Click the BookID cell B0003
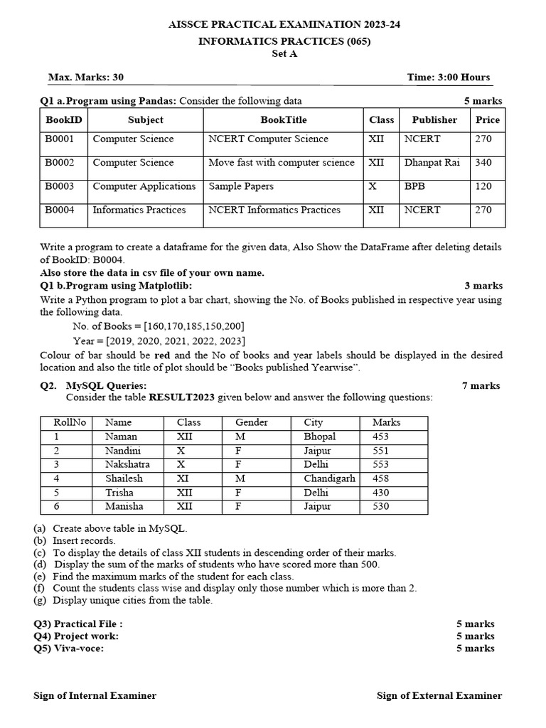click(x=60, y=186)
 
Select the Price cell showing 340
click(x=483, y=163)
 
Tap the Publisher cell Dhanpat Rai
click(x=432, y=163)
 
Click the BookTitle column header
click(x=284, y=120)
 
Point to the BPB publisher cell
click(x=414, y=186)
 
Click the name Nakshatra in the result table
click(x=127, y=464)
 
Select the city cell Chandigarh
click(x=329, y=478)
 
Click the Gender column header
click(x=252, y=422)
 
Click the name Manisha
click(x=124, y=506)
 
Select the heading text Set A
click(x=284, y=54)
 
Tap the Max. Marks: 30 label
click(x=85, y=77)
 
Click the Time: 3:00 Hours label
click(x=448, y=77)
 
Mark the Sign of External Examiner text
click(x=439, y=696)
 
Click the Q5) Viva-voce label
click(x=73, y=648)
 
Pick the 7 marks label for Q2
click(x=481, y=386)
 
